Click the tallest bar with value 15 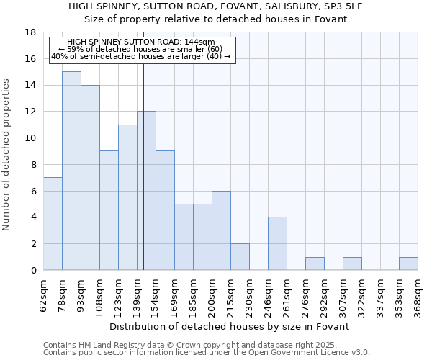[71, 171]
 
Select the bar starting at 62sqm [53, 224]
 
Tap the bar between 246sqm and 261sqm [277, 243]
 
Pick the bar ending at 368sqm [408, 264]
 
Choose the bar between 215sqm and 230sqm [240, 256]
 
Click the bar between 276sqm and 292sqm [315, 264]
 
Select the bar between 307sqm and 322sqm [352, 264]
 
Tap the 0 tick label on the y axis [32, 271]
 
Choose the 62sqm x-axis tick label [43, 294]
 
